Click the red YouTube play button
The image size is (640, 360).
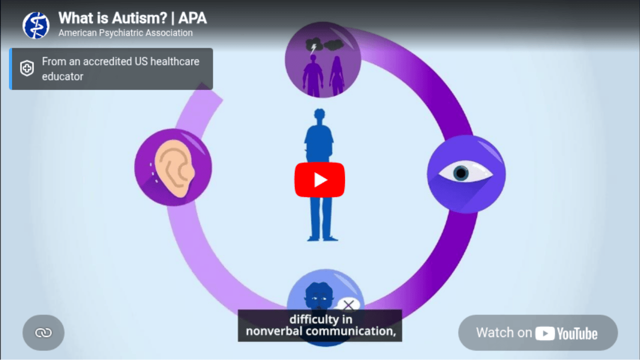319,179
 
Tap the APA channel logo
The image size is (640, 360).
36,25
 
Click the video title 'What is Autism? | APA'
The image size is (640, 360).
132,18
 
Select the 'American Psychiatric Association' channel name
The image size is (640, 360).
125,33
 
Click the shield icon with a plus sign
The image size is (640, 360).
27,69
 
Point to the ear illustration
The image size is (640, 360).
173,167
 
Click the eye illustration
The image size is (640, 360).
465,173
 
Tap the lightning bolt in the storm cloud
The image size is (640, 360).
313,48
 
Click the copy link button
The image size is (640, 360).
43,332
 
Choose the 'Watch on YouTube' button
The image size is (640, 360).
537,333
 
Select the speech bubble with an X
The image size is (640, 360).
348,305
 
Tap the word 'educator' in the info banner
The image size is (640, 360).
62,76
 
